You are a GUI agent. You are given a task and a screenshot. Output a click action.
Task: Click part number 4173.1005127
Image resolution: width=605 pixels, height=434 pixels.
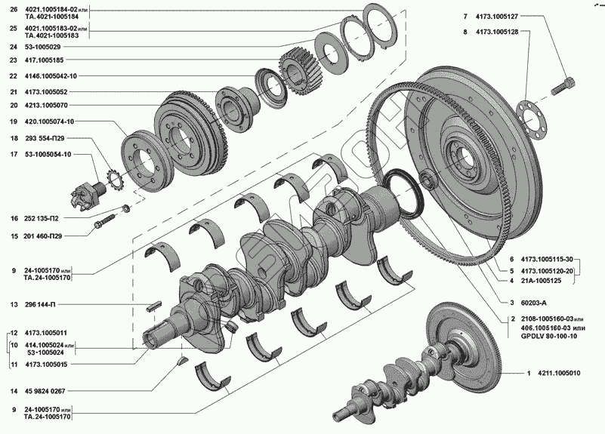tap(496, 16)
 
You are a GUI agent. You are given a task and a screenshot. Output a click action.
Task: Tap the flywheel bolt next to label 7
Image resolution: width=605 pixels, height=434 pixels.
tap(563, 85)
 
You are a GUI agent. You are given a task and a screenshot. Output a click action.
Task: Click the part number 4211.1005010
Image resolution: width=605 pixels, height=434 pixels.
tap(559, 373)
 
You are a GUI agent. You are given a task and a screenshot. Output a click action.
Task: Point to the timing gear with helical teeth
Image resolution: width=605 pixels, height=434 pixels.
tap(301, 75)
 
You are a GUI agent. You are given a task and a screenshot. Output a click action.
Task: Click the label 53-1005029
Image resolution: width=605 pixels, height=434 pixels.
tap(42, 47)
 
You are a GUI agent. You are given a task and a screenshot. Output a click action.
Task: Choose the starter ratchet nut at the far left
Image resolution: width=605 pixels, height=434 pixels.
tap(85, 195)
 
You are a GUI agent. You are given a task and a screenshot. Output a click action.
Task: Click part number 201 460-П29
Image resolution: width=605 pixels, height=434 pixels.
tap(42, 236)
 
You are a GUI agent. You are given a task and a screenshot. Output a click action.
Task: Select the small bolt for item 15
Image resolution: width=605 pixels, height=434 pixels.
tap(104, 221)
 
